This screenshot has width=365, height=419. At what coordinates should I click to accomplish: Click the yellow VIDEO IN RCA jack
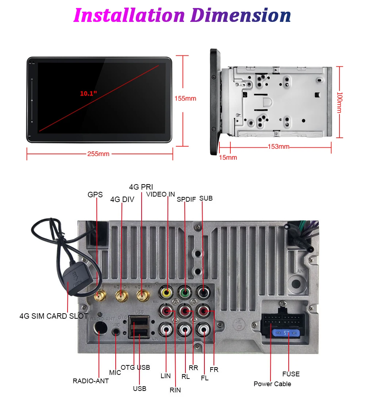tap(167, 292)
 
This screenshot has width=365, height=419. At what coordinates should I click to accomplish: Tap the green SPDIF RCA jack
tap(185, 292)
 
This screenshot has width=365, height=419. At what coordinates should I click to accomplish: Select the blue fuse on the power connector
tap(287, 333)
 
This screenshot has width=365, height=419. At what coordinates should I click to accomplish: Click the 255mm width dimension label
tap(98, 154)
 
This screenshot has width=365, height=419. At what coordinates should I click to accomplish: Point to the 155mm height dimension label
tap(185, 98)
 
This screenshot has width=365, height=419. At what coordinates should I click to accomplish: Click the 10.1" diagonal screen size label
tap(89, 93)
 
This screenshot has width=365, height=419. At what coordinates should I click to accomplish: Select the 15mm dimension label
tap(228, 158)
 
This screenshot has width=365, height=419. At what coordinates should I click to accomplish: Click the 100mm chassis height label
tap(339, 102)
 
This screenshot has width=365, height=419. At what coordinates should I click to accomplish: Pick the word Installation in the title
tap(129, 15)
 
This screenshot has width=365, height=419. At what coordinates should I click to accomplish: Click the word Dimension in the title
tap(241, 15)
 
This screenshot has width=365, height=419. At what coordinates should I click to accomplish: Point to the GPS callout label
tap(95, 195)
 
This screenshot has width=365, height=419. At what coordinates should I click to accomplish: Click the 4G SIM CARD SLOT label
tap(54, 316)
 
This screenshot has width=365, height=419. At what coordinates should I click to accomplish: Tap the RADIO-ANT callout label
tap(91, 381)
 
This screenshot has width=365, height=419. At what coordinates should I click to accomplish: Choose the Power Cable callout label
tap(272, 384)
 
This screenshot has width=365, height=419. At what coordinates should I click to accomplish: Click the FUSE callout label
tap(291, 374)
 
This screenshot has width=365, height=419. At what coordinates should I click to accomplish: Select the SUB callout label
tap(206, 198)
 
